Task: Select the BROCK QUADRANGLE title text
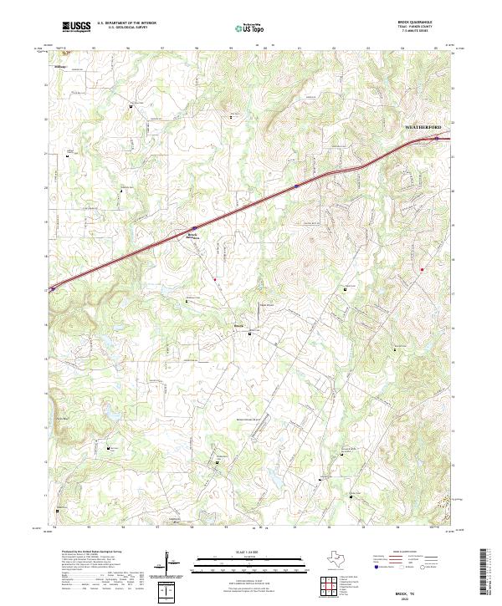click(421, 23)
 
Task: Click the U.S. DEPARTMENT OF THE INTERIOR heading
click(125, 23)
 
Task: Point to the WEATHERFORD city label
click(428, 127)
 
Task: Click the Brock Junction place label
click(192, 236)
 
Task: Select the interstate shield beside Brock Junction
click(194, 227)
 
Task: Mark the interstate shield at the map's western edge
click(52, 288)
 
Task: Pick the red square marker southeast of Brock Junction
click(214, 278)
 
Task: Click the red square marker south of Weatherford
click(423, 268)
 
